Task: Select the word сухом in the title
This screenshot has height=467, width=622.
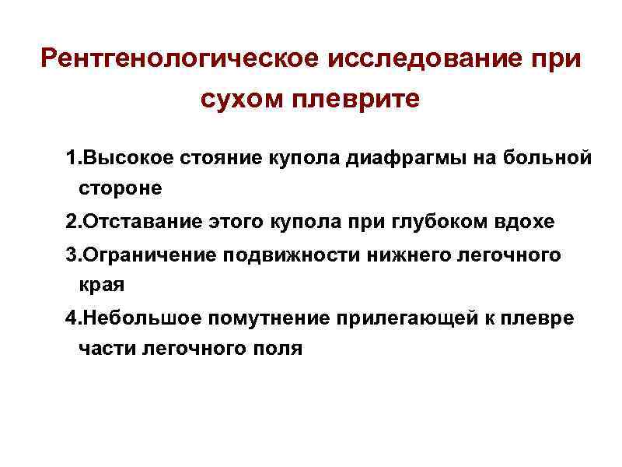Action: (241, 100)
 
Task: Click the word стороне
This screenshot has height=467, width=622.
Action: (121, 188)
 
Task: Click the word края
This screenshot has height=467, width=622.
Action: (101, 286)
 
